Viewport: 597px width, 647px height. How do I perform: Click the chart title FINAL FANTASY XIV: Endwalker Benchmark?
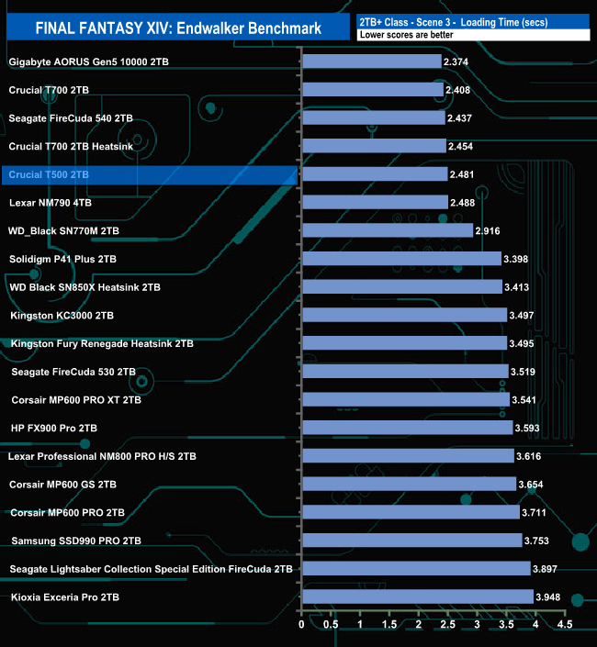point(178,28)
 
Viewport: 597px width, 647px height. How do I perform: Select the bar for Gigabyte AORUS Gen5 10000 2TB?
point(371,61)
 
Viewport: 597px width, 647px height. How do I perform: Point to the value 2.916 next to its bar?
point(490,230)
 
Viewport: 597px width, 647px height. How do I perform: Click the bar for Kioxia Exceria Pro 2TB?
point(417,597)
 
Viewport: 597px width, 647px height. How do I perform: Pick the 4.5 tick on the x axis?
point(565,624)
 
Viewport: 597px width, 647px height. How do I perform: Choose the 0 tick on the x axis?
point(301,624)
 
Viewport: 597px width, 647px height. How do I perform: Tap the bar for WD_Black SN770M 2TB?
point(387,230)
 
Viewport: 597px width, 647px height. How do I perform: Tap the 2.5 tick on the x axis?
point(447,624)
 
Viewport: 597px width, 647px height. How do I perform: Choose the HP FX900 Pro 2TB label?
point(54,428)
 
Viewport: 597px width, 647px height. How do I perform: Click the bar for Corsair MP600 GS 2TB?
point(409,484)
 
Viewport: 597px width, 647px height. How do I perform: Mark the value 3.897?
point(548,569)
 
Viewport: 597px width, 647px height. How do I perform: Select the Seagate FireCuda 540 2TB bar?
point(373,117)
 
